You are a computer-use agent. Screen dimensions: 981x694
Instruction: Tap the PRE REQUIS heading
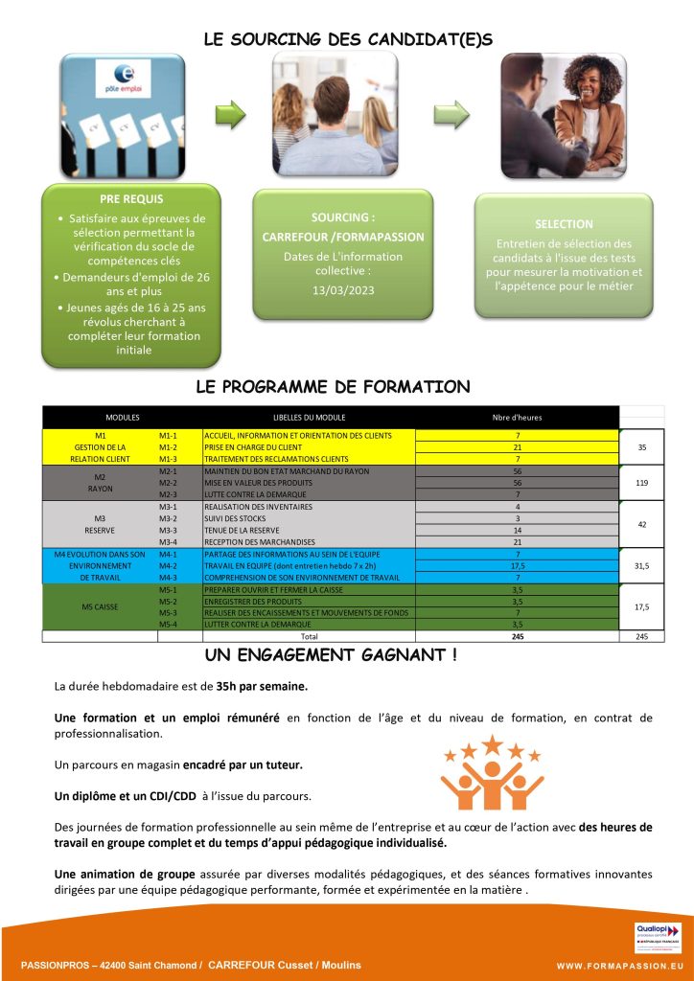(131, 199)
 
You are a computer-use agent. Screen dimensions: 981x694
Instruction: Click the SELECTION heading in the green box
(564, 224)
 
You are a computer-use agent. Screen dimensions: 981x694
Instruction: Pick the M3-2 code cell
(168, 517)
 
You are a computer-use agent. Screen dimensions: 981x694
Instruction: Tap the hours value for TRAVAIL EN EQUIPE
(517, 565)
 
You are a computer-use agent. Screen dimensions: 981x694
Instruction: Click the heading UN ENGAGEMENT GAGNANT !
(331, 655)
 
